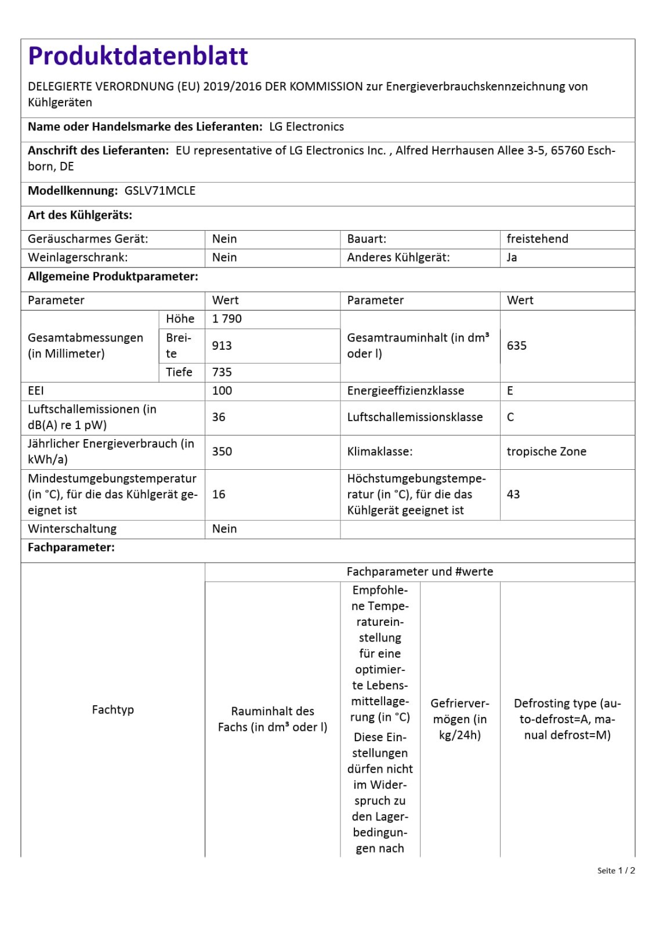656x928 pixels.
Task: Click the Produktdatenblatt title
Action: (138, 56)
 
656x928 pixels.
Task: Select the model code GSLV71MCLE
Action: (160, 191)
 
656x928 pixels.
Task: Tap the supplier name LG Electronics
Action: (306, 127)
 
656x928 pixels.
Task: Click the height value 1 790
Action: (227, 319)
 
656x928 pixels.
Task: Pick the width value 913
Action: (222, 346)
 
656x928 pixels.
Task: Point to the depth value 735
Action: (222, 372)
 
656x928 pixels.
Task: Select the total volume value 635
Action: (516, 346)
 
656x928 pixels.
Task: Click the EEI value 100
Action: (222, 391)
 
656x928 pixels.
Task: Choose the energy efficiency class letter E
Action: (510, 391)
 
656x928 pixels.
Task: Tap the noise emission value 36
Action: (219, 417)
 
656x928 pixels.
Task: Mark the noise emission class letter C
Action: (510, 417)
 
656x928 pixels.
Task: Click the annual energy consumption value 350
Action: (222, 451)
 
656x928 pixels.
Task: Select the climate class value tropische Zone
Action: (546, 451)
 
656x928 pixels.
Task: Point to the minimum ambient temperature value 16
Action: (219, 494)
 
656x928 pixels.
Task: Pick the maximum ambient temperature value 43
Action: (513, 494)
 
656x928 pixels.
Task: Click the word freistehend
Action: (537, 239)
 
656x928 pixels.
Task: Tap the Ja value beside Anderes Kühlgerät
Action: (512, 258)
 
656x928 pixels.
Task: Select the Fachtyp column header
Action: (113, 710)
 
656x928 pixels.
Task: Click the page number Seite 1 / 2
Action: (616, 871)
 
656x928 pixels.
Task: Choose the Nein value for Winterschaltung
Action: (224, 529)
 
